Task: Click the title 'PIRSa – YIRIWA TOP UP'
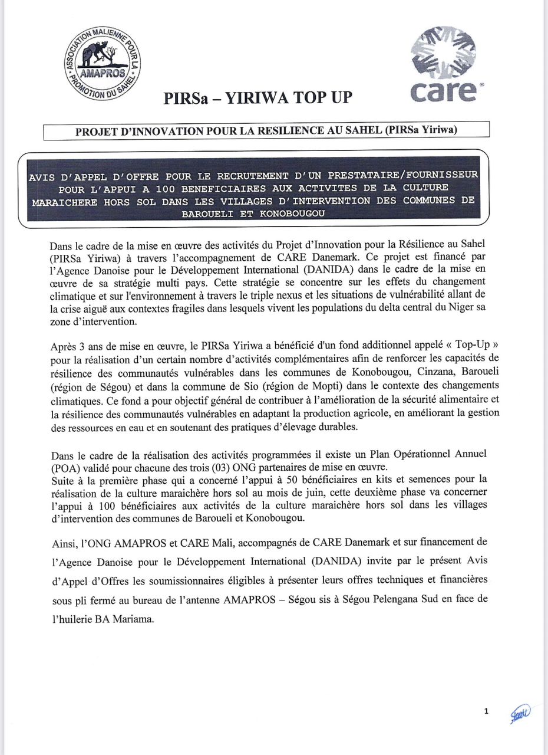coord(258,98)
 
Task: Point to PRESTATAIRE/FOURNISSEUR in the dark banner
coord(404,175)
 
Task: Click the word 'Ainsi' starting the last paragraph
coord(62,541)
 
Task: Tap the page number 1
coord(486,711)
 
